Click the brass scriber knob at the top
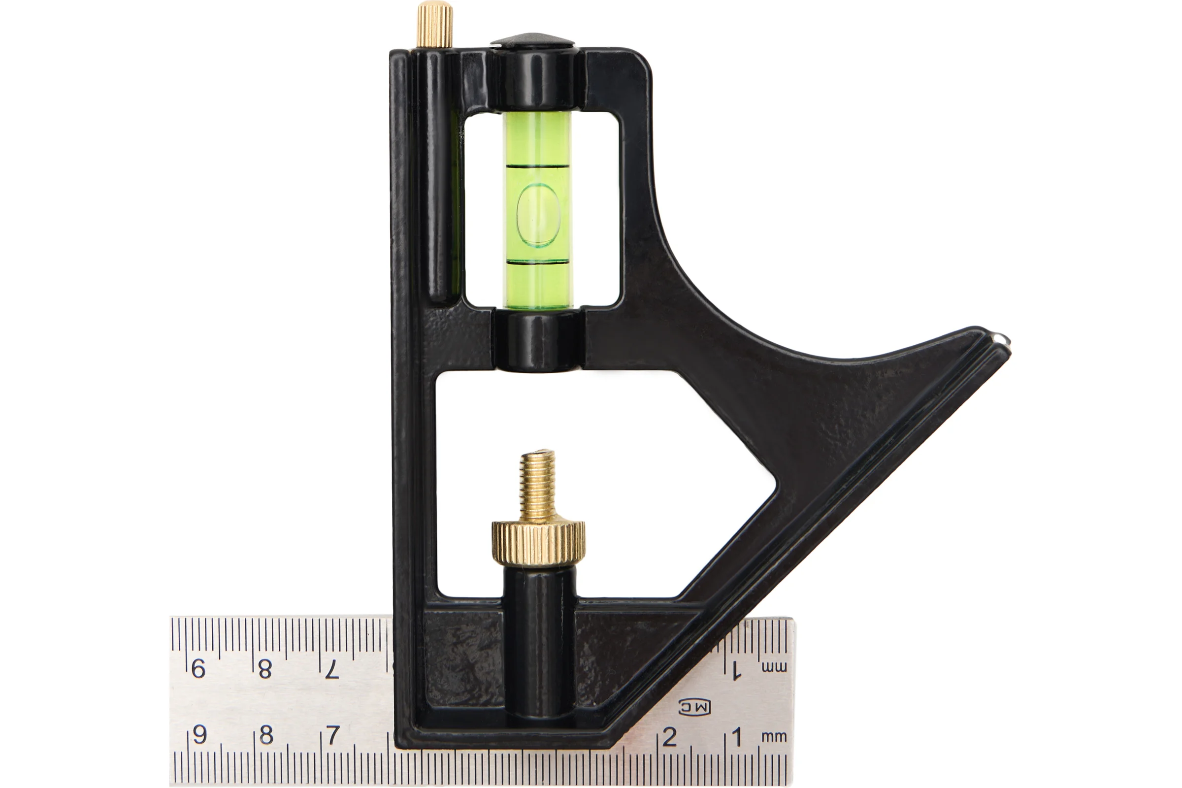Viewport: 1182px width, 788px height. [x=435, y=25]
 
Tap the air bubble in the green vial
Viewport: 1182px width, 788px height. [x=538, y=215]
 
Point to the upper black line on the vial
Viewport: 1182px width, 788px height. [x=538, y=165]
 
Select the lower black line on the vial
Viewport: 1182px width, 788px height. [x=538, y=262]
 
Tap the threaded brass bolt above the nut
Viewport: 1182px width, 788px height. [x=538, y=486]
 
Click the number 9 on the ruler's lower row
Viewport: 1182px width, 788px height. [x=199, y=735]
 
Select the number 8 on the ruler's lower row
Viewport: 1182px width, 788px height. [x=266, y=735]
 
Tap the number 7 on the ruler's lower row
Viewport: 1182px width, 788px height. [x=333, y=735]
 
